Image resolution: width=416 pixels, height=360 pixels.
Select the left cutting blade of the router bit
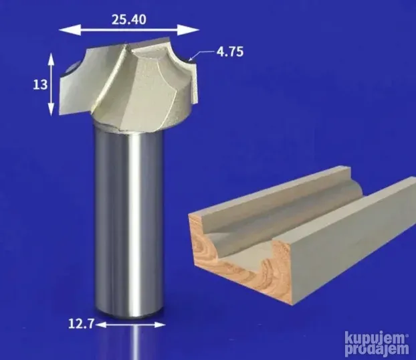(72, 87)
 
